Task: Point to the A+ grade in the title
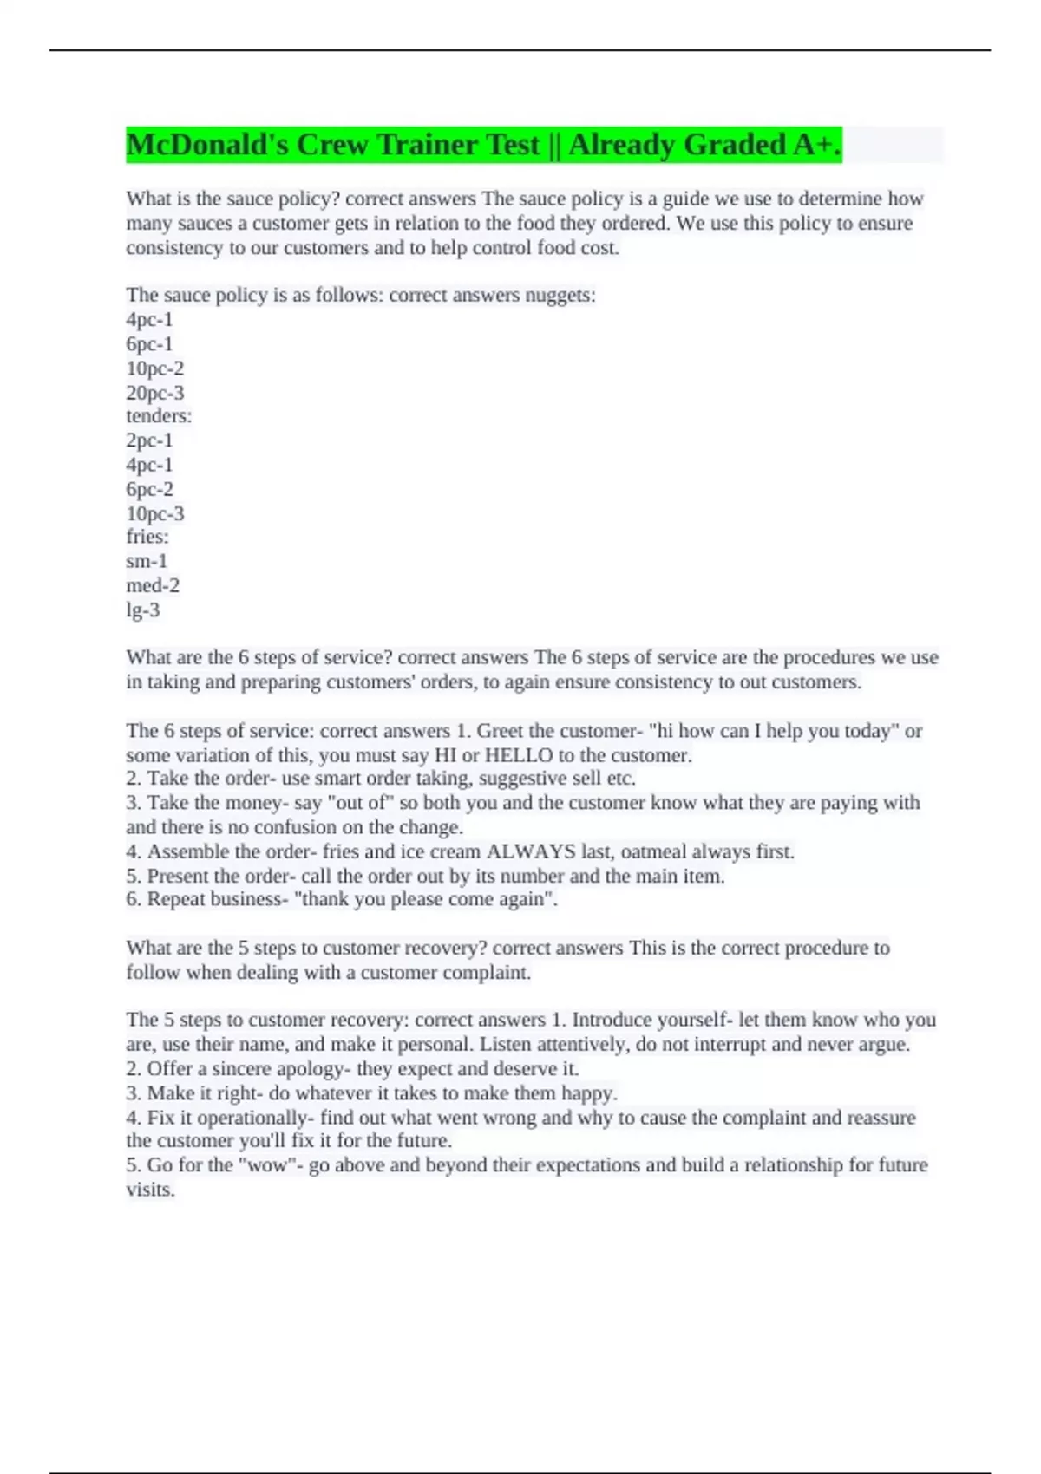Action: click(x=815, y=145)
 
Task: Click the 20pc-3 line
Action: click(x=155, y=393)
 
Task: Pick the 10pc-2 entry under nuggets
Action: click(x=155, y=368)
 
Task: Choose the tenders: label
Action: click(x=159, y=416)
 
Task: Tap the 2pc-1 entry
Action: click(x=149, y=440)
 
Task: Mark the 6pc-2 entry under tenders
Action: click(x=149, y=489)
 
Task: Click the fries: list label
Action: click(x=147, y=537)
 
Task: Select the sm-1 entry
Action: click(x=147, y=561)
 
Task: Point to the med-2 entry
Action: click(x=153, y=585)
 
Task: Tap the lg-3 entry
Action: click(x=143, y=610)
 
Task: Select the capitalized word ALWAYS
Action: click(x=531, y=851)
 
